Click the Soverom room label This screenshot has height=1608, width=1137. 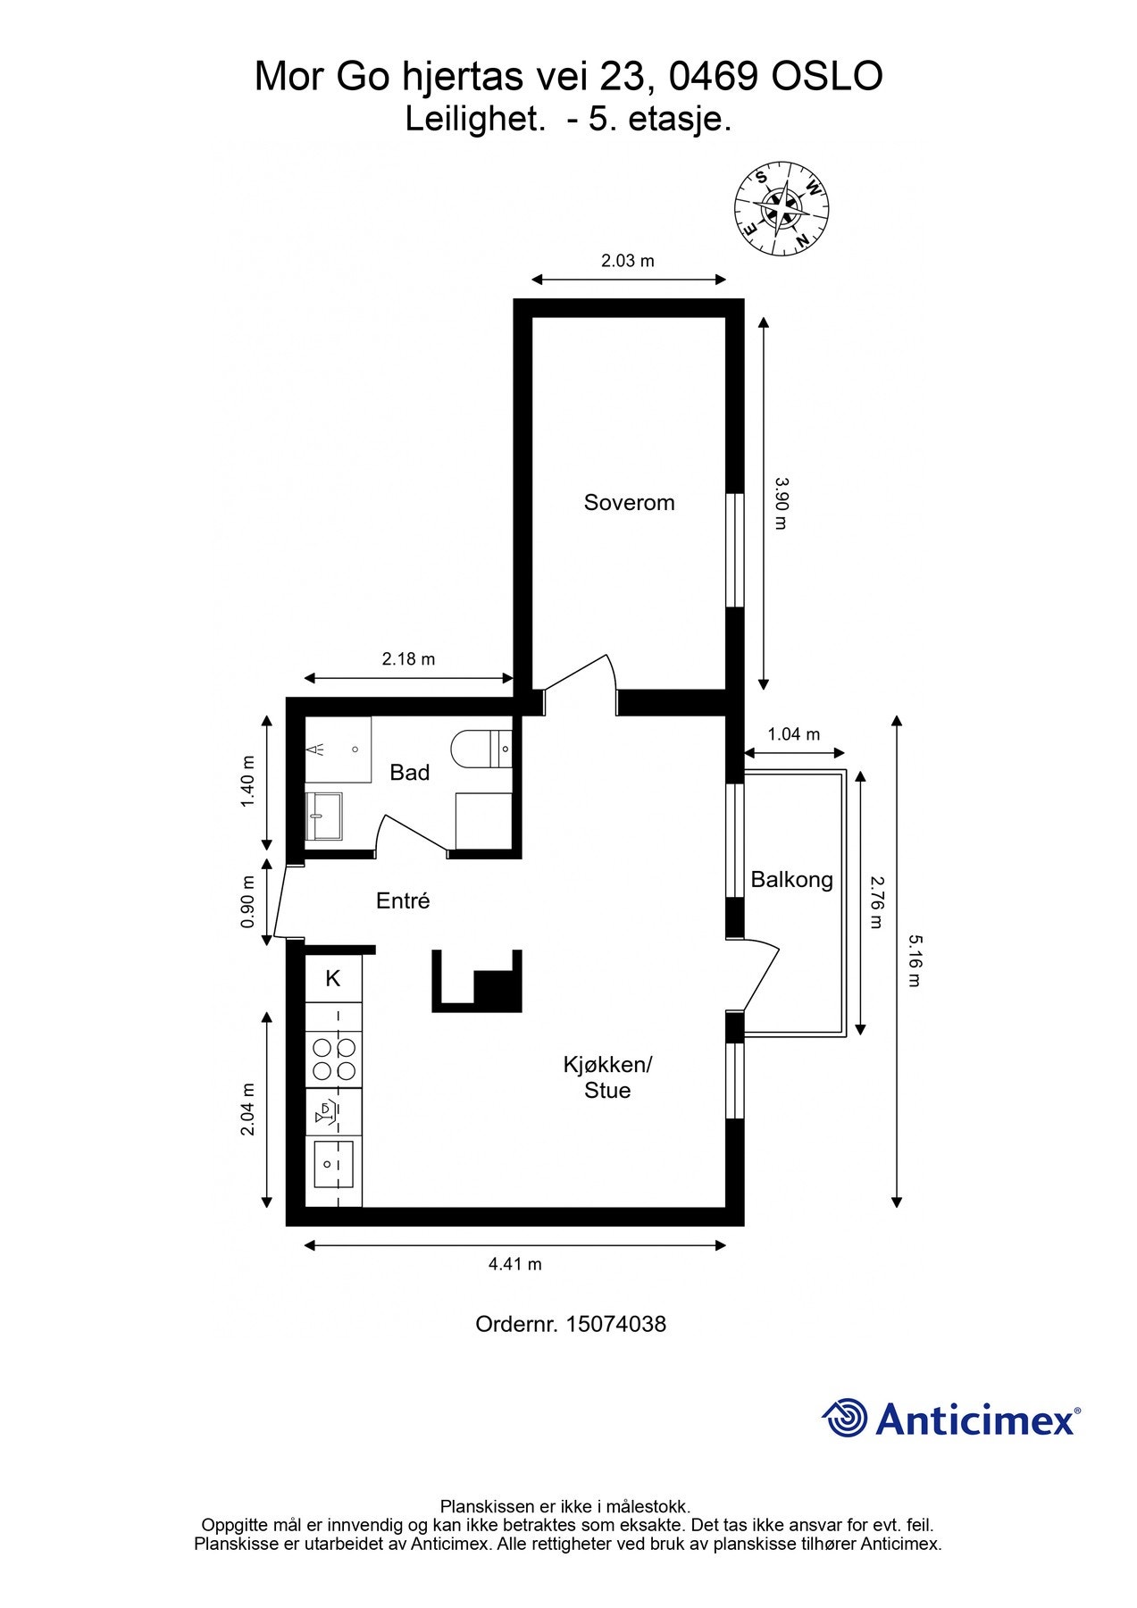tap(629, 502)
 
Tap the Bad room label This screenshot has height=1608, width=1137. tap(410, 772)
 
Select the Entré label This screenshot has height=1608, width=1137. tap(403, 900)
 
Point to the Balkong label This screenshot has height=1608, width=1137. tap(791, 880)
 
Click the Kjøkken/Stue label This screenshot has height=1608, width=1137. tap(607, 1077)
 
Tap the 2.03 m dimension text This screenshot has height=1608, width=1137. tap(627, 261)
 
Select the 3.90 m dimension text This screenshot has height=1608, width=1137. tap(780, 503)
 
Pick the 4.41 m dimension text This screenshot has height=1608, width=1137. tap(514, 1264)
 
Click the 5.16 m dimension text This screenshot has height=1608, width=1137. tap(913, 960)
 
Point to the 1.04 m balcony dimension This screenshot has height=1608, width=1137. tap(793, 734)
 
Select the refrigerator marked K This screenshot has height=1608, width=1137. tap(333, 978)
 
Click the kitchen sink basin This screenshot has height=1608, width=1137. tap(332, 1165)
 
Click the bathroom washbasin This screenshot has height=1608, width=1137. tap(323, 816)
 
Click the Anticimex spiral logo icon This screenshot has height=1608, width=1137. tap(845, 1418)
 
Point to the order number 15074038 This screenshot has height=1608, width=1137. tap(615, 1324)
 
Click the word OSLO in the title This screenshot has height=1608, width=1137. tap(827, 77)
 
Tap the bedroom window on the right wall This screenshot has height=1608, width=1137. tap(734, 550)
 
